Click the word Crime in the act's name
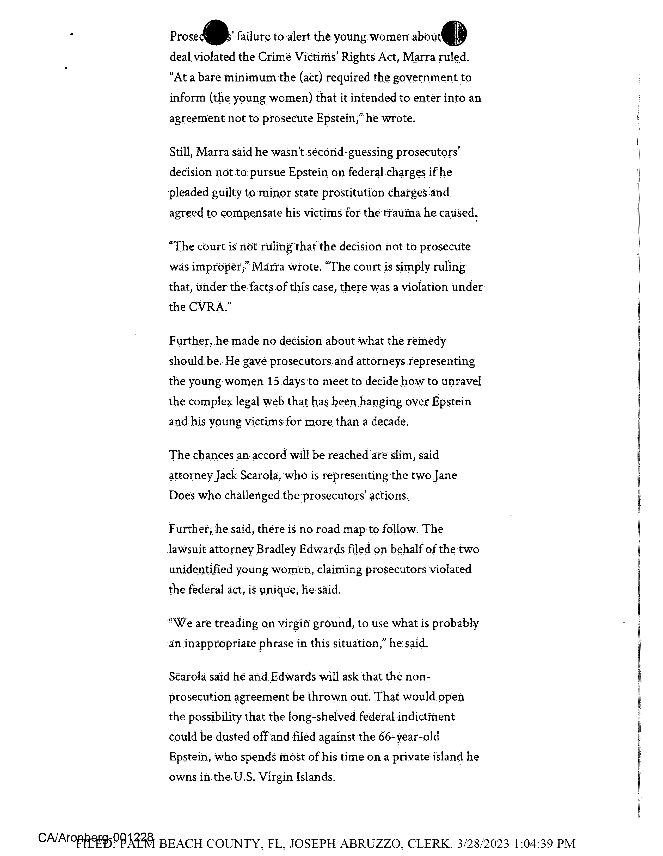274,57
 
